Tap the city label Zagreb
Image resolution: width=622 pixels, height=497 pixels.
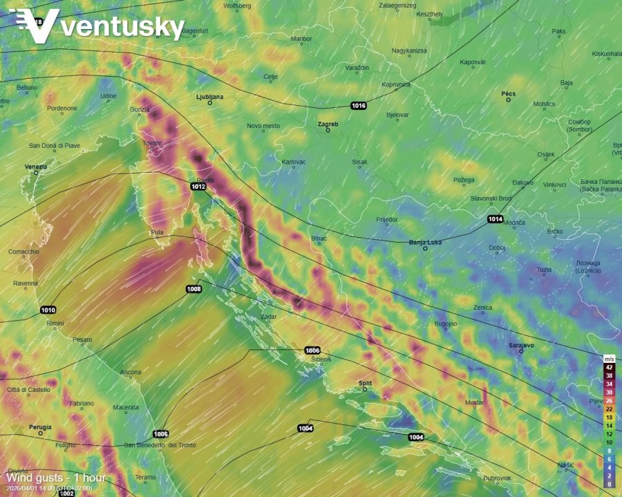(x=328, y=124)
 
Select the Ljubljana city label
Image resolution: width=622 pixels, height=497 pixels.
(x=210, y=97)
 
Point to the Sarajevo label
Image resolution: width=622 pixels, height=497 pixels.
(x=521, y=344)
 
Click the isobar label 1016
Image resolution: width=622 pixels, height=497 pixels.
(x=358, y=106)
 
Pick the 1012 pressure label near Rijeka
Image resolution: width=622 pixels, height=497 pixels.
(x=198, y=187)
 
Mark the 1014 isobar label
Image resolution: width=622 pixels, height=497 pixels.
(x=495, y=219)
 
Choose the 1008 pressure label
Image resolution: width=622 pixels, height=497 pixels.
(x=194, y=288)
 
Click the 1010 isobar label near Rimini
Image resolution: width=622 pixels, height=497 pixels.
(x=48, y=310)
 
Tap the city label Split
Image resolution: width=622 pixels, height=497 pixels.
(x=365, y=382)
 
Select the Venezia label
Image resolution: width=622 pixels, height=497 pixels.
(x=36, y=167)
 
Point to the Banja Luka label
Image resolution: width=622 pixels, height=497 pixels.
(x=425, y=242)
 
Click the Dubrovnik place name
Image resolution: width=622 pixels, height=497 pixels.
(x=497, y=478)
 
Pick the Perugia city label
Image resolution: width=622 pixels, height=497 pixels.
(x=40, y=427)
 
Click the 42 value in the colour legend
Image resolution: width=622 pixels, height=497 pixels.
(x=609, y=368)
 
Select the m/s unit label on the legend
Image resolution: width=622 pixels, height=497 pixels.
(x=609, y=359)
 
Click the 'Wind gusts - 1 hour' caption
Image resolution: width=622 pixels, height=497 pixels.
(x=56, y=478)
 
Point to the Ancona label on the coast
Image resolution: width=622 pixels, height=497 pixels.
(x=131, y=373)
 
